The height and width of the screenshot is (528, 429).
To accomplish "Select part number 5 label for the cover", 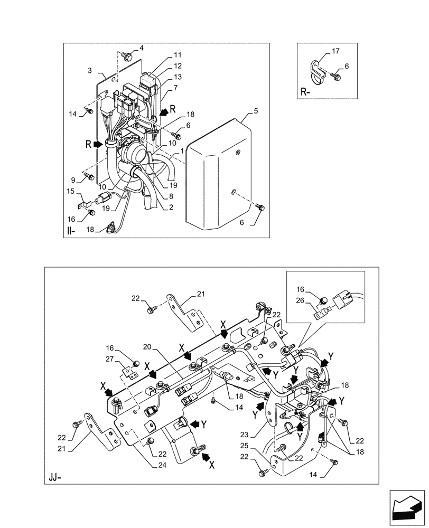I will (x=255, y=111).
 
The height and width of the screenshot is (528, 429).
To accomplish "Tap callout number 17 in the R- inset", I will (x=335, y=51).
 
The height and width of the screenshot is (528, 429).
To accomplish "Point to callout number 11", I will (x=178, y=55).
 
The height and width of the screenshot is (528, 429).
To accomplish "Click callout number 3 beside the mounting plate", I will (x=90, y=70).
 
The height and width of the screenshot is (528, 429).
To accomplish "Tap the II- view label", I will (x=72, y=231).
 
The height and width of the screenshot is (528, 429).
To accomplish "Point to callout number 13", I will (x=178, y=77).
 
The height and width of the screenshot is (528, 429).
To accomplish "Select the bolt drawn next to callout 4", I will (x=126, y=55).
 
